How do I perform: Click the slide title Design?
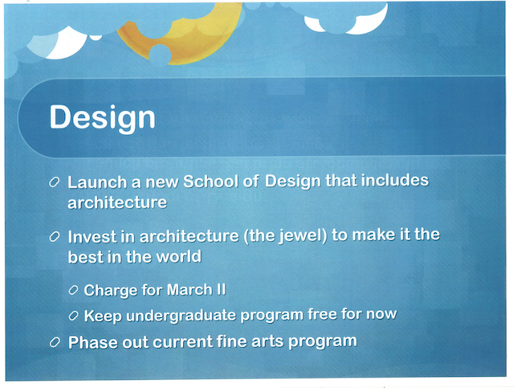[x=102, y=117]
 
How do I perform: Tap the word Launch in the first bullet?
[x=94, y=182]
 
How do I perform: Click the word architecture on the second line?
[x=117, y=202]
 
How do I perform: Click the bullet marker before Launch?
[x=54, y=182]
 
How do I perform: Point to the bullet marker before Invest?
[x=54, y=238]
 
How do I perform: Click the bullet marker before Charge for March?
[x=73, y=290]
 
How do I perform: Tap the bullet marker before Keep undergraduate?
[x=73, y=315]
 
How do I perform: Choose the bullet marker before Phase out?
[x=54, y=342]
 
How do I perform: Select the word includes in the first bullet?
[x=390, y=181]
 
